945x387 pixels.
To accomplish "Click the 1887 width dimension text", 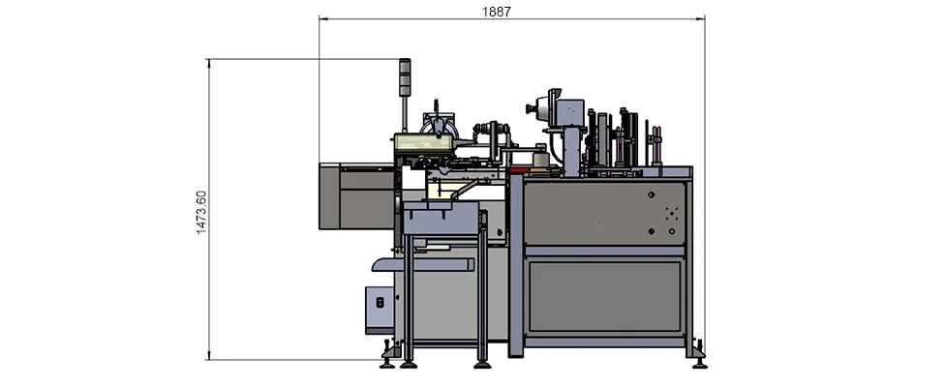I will (496, 12).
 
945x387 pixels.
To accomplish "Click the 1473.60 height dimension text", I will (201, 211).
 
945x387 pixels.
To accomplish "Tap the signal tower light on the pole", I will (406, 77).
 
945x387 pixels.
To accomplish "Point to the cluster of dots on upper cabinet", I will (669, 212).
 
